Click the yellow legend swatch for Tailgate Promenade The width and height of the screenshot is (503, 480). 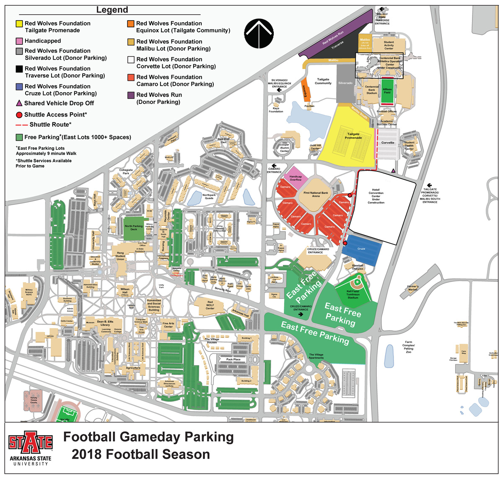tap(19, 24)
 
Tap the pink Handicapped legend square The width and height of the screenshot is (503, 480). tap(19, 41)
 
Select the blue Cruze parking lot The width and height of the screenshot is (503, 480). tap(361, 249)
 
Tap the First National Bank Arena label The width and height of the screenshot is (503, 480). tap(316, 195)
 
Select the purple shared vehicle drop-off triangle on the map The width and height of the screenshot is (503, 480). tap(393, 171)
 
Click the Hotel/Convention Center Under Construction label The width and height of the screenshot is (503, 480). tap(376, 196)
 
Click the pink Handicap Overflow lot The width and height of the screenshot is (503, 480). tap(296, 179)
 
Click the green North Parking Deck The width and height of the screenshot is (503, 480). tap(134, 228)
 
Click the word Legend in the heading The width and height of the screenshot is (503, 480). tap(112, 10)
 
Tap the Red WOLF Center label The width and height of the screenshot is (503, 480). tap(210, 305)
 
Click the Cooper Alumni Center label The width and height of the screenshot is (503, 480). tap(285, 148)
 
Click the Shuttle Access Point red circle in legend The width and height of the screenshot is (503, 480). tap(19, 115)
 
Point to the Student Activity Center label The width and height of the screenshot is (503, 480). tap(389, 45)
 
